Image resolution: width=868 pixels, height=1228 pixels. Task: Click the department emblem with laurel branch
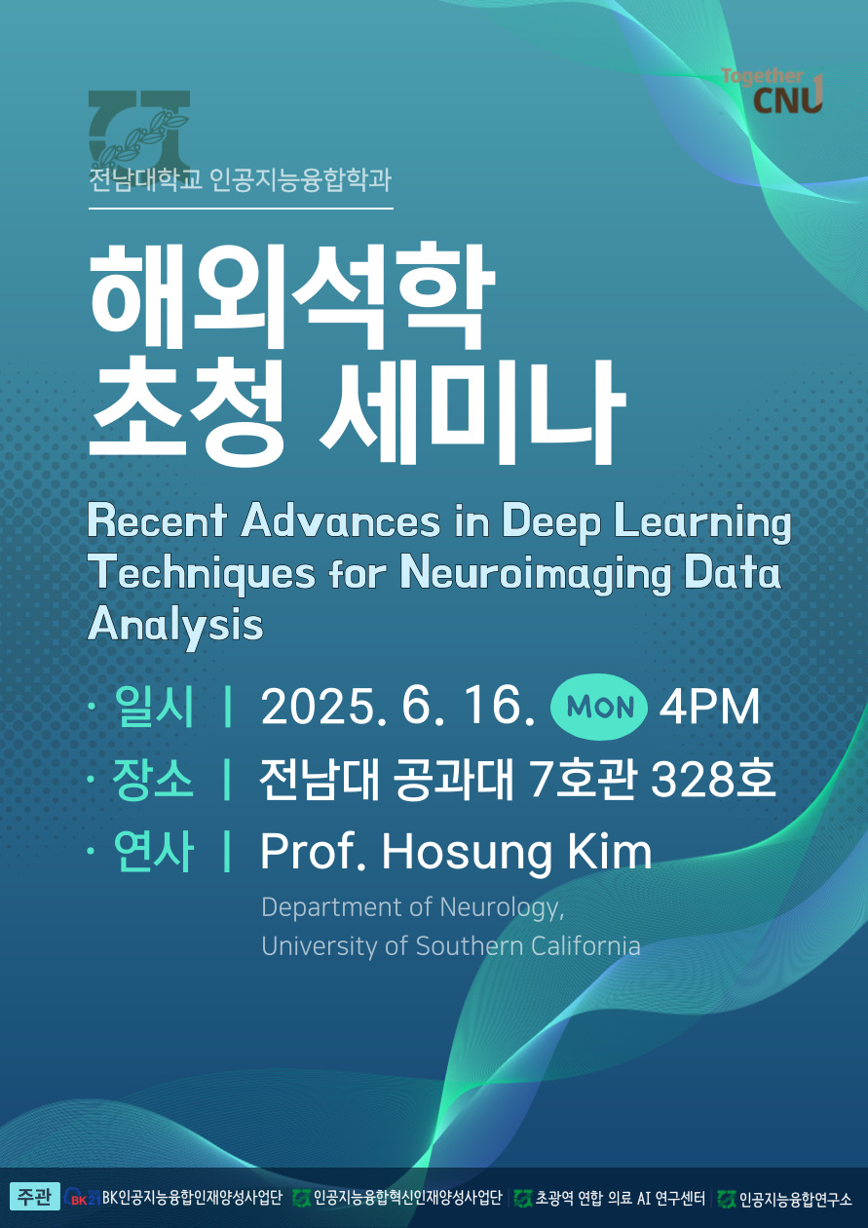pyautogui.click(x=138, y=129)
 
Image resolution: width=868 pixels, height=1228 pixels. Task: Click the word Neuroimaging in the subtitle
pyautogui.click(x=535, y=574)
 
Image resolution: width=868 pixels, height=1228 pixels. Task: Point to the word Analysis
pyautogui.click(x=175, y=624)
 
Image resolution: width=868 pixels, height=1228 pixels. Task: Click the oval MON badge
pyautogui.click(x=599, y=707)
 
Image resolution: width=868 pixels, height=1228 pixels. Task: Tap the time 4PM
pyautogui.click(x=709, y=708)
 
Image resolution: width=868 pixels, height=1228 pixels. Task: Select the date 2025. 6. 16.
pyautogui.click(x=397, y=708)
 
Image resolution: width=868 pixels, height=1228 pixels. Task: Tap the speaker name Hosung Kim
pyautogui.click(x=516, y=852)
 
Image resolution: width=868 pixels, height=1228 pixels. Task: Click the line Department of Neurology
pyautogui.click(x=412, y=907)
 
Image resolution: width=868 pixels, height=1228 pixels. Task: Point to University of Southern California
pyautogui.click(x=450, y=946)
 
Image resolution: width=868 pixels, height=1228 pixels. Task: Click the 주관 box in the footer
pyautogui.click(x=34, y=1197)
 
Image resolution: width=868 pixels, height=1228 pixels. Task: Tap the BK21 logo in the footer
pyautogui.click(x=82, y=1198)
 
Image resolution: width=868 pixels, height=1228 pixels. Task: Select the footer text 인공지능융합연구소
pyautogui.click(x=795, y=1198)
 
